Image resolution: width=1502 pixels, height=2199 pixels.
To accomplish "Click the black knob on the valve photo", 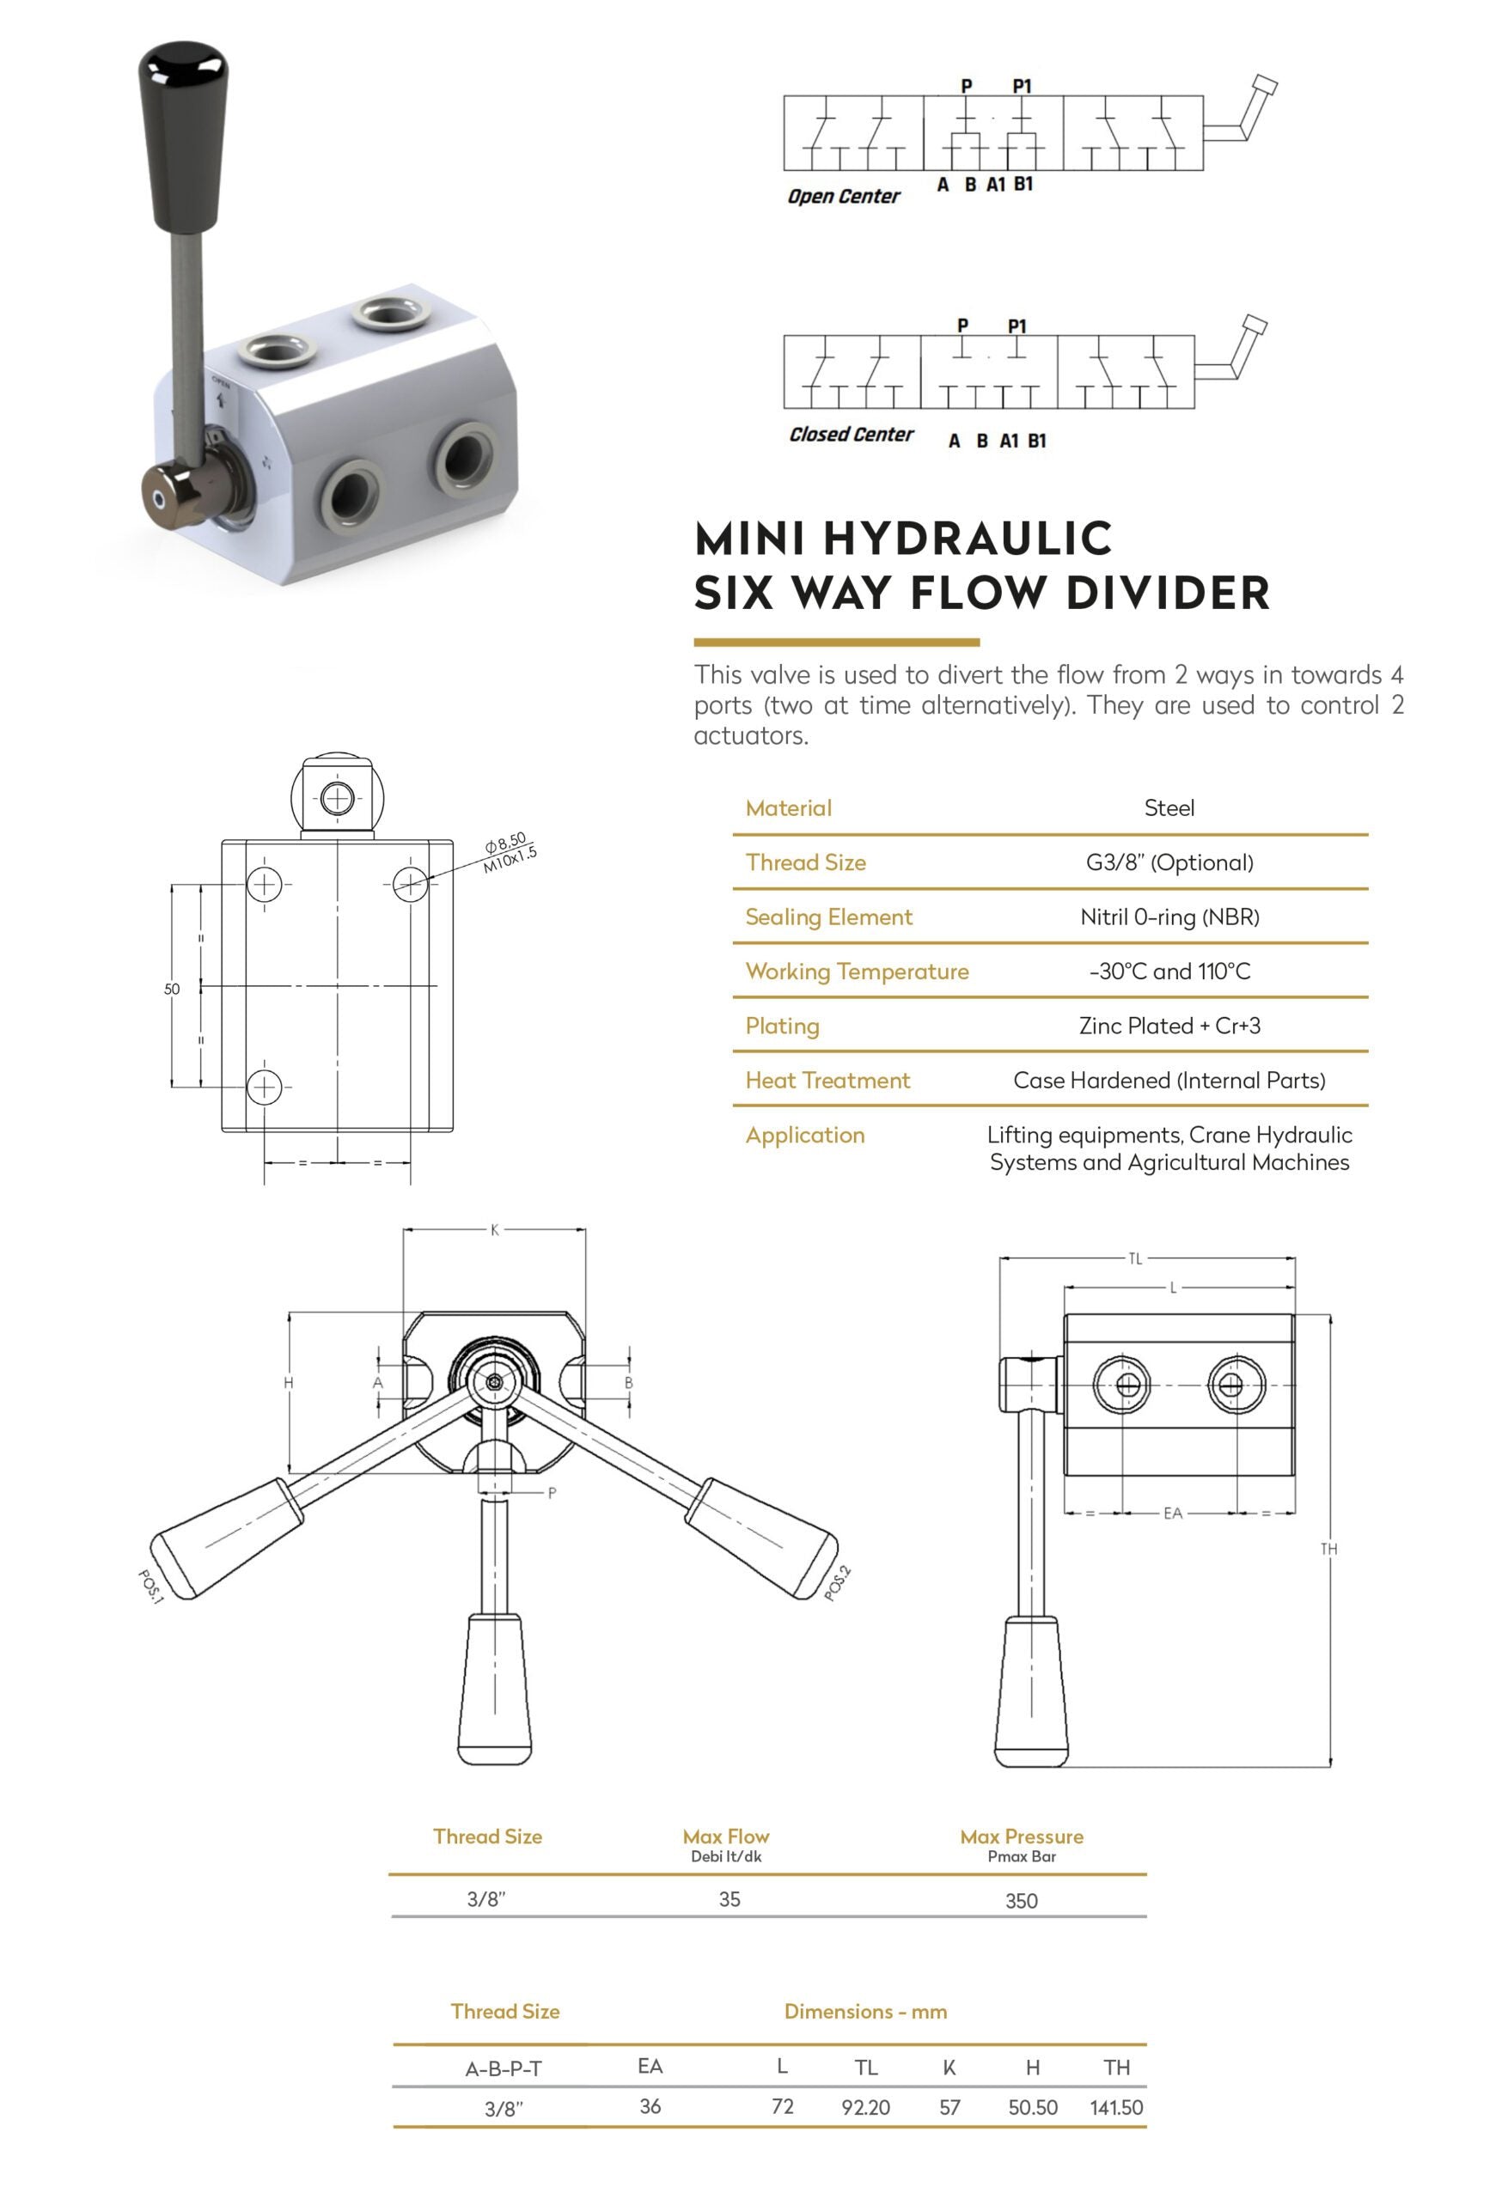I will pos(183,132).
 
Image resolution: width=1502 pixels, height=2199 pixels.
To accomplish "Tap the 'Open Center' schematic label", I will pos(843,196).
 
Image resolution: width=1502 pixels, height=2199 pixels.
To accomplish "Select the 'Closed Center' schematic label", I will pos(851,435).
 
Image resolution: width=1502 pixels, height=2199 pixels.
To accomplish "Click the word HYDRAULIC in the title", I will pos(968,539).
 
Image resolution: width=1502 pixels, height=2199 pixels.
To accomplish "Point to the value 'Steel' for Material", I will pos(1169,808).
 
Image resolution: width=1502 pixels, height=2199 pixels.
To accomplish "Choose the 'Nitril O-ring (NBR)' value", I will pos(1169,917).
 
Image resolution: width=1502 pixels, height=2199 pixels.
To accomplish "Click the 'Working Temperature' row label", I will pos(857,972).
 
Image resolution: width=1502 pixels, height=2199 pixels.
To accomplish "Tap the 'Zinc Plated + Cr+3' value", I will pos(1169,1026).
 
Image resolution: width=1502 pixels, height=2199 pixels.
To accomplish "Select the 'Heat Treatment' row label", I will pos(827,1081).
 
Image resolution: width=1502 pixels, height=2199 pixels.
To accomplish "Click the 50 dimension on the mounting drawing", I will pos(171,989).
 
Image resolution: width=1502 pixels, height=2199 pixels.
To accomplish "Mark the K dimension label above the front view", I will pos(494,1230).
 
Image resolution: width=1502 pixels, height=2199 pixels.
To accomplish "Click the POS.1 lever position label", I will pos(151,1587).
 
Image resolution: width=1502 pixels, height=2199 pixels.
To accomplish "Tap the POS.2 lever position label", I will pos(838,1583).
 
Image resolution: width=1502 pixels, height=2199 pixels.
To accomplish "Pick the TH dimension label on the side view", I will pos(1328,1549).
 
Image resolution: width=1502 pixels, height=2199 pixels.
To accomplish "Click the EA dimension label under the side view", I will pos(1173,1513).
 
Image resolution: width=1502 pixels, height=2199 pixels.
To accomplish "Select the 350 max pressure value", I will pos(1021,1901).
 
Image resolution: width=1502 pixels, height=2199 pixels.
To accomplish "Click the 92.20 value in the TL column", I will pos(865,2107).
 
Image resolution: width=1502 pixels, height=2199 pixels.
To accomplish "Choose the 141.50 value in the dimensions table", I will pos(1116,2107).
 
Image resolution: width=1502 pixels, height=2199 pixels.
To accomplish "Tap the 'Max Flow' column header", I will pos(726,1836).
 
